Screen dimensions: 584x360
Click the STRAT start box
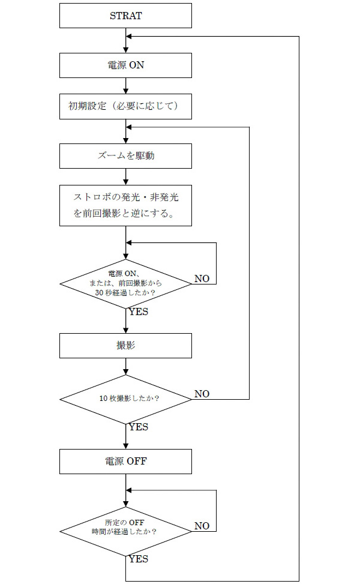point(125,16)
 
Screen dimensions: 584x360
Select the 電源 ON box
point(125,65)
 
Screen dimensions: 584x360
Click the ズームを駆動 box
point(125,156)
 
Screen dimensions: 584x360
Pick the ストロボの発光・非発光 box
point(125,205)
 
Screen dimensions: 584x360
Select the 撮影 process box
point(125,346)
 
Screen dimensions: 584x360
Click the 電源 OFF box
point(125,462)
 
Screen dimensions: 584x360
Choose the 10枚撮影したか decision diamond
point(125,399)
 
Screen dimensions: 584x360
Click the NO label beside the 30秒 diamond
point(202,279)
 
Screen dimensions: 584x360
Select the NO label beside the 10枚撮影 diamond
point(202,394)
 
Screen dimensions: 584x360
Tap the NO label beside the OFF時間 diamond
point(202,526)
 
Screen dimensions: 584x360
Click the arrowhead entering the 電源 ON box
point(125,50)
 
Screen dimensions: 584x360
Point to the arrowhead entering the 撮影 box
point(125,330)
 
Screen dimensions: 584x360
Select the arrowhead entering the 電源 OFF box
point(125,446)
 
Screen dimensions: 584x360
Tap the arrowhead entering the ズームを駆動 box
point(125,140)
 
